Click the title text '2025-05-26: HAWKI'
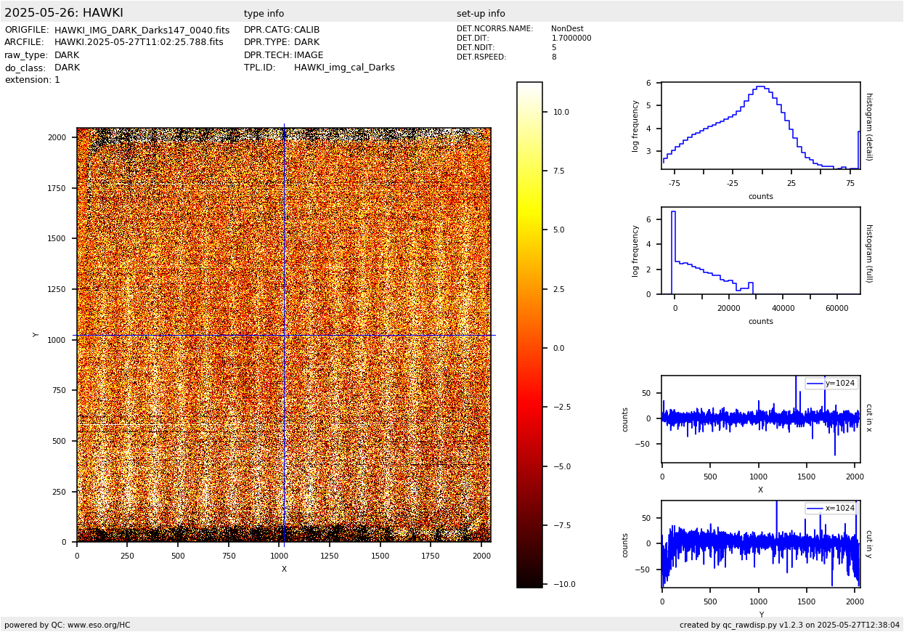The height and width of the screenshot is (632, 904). (64, 13)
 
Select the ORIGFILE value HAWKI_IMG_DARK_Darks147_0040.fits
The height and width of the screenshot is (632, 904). (142, 31)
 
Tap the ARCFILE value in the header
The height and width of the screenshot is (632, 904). (139, 43)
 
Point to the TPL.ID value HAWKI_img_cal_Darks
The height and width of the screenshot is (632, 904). (344, 68)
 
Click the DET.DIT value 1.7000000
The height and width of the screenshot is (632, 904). (571, 39)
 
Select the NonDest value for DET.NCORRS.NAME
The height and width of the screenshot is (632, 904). (566, 29)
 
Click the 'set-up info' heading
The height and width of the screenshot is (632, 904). (481, 14)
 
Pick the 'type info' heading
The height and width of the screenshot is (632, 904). (264, 14)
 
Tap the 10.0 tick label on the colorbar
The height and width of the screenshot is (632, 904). (561, 112)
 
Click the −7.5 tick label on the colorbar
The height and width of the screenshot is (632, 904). (561, 525)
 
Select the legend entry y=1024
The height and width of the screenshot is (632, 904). (839, 384)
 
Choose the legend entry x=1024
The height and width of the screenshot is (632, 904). (839, 509)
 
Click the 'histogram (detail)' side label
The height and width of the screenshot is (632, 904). (868, 126)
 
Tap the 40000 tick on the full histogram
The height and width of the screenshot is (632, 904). (783, 308)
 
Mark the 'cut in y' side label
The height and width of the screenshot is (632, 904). (868, 544)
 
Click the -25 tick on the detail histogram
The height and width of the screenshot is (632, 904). (732, 183)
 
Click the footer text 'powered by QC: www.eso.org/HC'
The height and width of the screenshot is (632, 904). (68, 625)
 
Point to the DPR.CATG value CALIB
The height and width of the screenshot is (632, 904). (306, 31)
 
